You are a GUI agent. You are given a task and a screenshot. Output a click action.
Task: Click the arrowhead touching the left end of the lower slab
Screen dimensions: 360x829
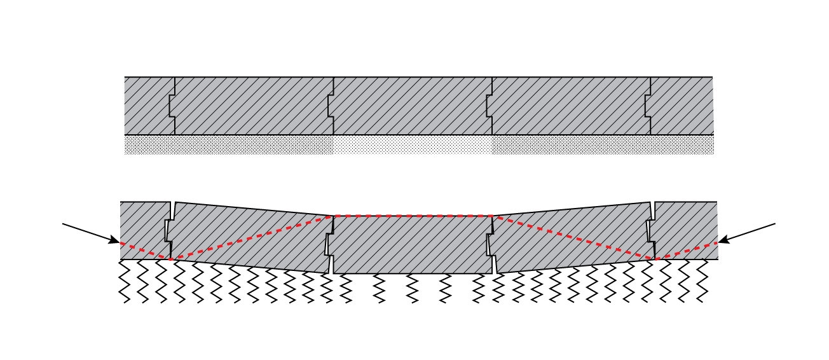click(x=114, y=241)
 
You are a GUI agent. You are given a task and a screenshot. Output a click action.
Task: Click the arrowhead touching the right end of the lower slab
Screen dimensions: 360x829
click(x=723, y=241)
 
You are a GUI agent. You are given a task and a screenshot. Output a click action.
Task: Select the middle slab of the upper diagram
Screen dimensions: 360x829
click(x=413, y=106)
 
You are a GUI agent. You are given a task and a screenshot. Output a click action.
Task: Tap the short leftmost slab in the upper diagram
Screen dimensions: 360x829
click(x=147, y=106)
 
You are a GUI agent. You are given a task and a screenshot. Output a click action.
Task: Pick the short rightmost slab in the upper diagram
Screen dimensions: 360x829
click(x=682, y=106)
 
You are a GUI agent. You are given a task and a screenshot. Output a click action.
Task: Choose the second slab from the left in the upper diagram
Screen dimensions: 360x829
click(x=253, y=106)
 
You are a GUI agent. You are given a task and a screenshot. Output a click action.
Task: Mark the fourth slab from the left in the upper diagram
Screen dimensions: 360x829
click(x=570, y=106)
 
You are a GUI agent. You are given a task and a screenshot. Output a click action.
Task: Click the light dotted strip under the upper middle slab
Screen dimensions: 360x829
click(x=413, y=145)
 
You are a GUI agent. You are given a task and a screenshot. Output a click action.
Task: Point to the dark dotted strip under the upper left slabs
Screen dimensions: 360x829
click(x=229, y=145)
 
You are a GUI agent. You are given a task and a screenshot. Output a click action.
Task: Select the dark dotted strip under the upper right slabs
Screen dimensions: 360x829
click(x=602, y=145)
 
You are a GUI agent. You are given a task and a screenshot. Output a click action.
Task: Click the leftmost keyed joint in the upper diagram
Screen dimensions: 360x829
click(x=172, y=106)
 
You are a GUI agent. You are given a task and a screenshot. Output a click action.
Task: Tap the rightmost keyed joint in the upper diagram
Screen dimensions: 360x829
click(x=648, y=106)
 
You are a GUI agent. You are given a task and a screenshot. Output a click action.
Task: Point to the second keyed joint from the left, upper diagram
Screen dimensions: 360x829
click(x=331, y=106)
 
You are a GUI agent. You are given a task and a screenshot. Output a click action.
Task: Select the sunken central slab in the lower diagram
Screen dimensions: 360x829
click(x=413, y=245)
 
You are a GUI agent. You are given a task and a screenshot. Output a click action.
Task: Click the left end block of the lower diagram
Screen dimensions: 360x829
click(x=144, y=229)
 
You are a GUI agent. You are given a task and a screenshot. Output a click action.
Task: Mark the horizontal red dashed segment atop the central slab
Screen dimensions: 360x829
click(x=413, y=216)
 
